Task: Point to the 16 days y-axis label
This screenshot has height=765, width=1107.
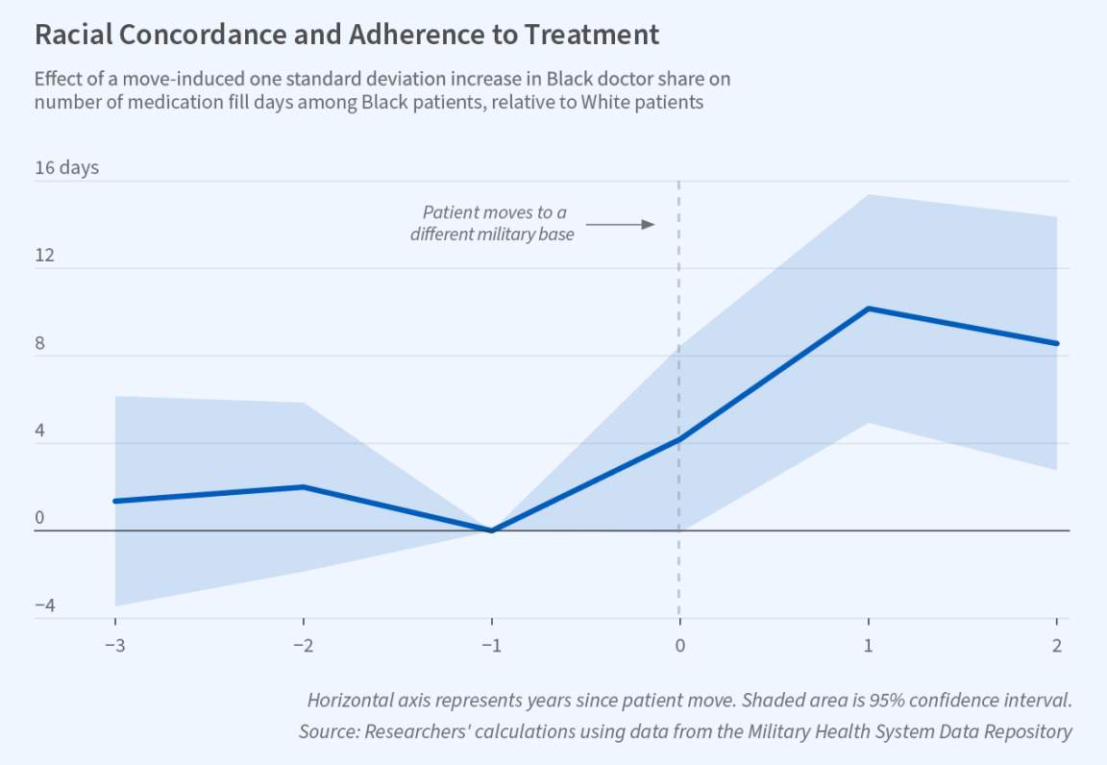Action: pyautogui.click(x=66, y=168)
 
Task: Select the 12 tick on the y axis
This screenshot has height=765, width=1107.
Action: pyautogui.click(x=44, y=257)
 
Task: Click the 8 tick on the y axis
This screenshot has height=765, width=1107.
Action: pyautogui.click(x=40, y=344)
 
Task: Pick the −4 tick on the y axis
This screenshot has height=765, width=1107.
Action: pyautogui.click(x=45, y=606)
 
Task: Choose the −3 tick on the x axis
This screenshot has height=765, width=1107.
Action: pyautogui.click(x=114, y=645)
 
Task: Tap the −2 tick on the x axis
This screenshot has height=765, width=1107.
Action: pyautogui.click(x=304, y=645)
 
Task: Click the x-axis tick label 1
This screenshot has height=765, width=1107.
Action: pyautogui.click(x=869, y=645)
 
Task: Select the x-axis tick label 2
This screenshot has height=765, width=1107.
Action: pyautogui.click(x=1057, y=645)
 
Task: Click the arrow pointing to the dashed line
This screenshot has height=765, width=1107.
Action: pyautogui.click(x=620, y=224)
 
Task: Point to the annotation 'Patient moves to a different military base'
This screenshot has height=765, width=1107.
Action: pyautogui.click(x=492, y=223)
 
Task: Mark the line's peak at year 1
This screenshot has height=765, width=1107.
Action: pyautogui.click(x=869, y=308)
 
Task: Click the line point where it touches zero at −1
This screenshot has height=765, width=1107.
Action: pyautogui.click(x=492, y=531)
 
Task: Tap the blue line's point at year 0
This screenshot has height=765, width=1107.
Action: pyautogui.click(x=680, y=439)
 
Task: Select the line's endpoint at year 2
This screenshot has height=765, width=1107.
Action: pyautogui.click(x=1057, y=343)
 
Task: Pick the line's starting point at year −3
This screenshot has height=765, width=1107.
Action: pyautogui.click(x=115, y=501)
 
